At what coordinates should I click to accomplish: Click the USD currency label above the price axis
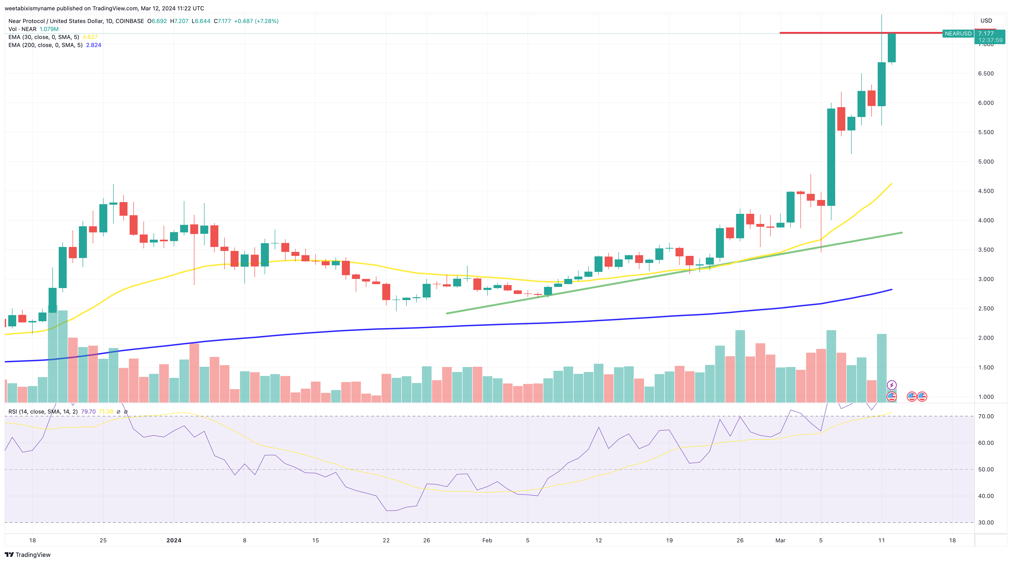(986, 20)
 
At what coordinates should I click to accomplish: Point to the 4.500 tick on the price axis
(986, 191)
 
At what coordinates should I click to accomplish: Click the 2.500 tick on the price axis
(986, 309)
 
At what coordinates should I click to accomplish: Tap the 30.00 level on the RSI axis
(986, 523)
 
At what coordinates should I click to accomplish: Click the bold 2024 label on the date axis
(174, 540)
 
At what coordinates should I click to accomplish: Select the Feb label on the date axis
(487, 540)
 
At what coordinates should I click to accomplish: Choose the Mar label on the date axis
(780, 540)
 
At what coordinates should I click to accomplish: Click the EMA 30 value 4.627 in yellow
(90, 37)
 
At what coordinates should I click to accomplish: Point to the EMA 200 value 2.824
(93, 45)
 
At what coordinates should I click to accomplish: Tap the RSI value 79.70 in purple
(88, 412)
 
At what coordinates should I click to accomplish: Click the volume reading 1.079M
(49, 29)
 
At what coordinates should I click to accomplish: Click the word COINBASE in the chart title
(130, 21)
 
